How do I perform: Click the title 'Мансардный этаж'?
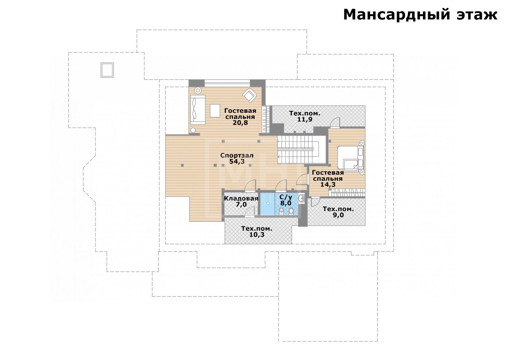click(x=420, y=15)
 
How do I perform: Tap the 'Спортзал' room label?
click(x=237, y=156)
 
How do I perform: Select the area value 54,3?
click(x=237, y=162)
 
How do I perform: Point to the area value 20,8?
click(x=240, y=123)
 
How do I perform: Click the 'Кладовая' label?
click(x=241, y=198)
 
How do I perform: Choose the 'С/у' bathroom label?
click(x=286, y=197)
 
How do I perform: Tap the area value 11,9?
click(x=305, y=119)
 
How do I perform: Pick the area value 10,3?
click(x=257, y=235)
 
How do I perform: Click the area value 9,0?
click(x=338, y=215)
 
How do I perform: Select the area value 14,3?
click(x=328, y=185)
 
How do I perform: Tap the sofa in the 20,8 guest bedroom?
click(x=198, y=110)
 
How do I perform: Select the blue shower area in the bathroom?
click(x=267, y=204)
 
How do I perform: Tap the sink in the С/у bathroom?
click(x=302, y=198)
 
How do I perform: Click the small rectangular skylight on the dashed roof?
click(x=107, y=70)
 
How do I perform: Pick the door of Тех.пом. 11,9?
click(x=335, y=122)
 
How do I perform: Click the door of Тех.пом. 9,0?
click(x=315, y=202)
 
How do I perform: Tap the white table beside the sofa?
click(x=215, y=111)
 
